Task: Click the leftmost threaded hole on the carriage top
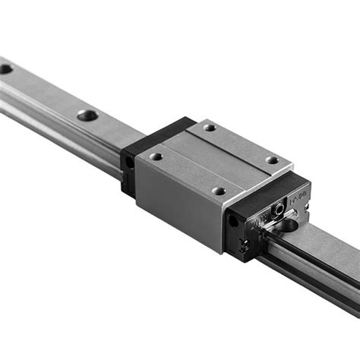(156, 156)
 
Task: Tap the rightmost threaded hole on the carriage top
(271, 160)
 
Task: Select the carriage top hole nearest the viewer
(219, 191)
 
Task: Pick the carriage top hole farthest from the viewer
(210, 128)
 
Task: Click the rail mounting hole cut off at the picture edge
(5, 68)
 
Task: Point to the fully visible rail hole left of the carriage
(87, 115)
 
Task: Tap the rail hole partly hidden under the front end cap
(289, 226)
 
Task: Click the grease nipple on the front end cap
(280, 207)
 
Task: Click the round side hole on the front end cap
(232, 221)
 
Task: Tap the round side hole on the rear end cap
(130, 162)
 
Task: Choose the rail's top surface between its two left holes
(46, 91)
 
